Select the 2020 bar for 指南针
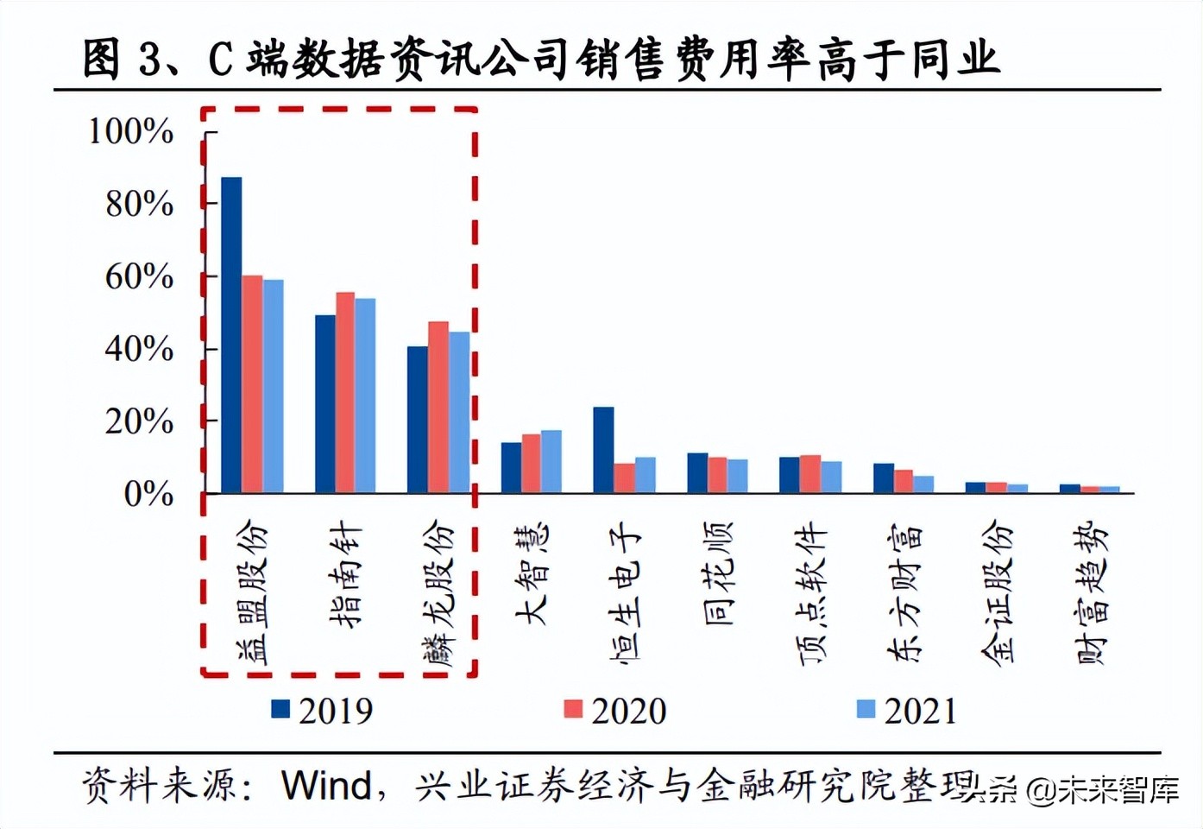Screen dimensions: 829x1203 345,393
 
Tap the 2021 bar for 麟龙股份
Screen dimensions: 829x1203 459,413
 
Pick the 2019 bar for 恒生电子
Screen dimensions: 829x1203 603,450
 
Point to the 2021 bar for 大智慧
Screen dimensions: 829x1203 551,462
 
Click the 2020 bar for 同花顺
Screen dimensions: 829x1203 717,475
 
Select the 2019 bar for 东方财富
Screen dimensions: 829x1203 883,478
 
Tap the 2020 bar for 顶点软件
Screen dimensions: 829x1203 810,474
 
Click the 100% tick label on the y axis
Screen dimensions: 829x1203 131,132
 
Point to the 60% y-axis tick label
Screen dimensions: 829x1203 139,277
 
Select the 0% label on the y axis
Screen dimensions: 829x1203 148,495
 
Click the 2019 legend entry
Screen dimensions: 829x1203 323,711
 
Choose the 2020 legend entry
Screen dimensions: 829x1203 615,711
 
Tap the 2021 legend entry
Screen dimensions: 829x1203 908,711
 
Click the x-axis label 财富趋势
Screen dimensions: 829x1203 1091,592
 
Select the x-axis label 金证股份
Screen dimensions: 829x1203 997,592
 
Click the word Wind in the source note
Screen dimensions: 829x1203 325,786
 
